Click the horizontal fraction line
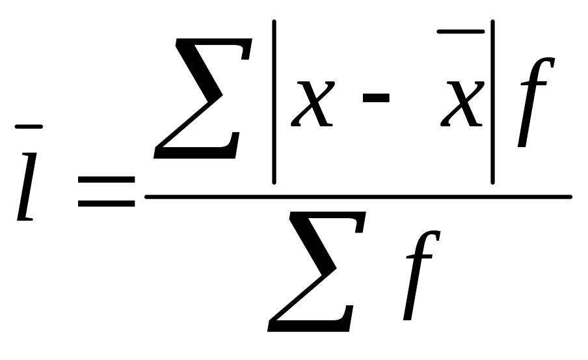pyautogui.click(x=358, y=196)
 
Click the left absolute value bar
pyautogui.click(x=274, y=104)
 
